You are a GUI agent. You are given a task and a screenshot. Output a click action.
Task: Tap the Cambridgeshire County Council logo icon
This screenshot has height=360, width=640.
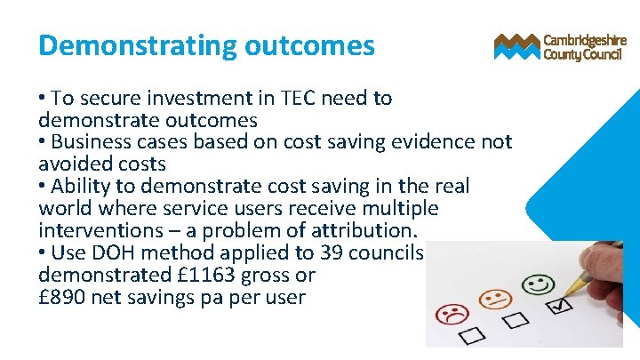coord(516,46)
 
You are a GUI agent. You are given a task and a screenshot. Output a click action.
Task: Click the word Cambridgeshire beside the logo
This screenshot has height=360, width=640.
coord(585,40)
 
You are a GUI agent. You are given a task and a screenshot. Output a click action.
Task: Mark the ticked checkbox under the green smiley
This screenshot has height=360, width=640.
coord(560,308)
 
